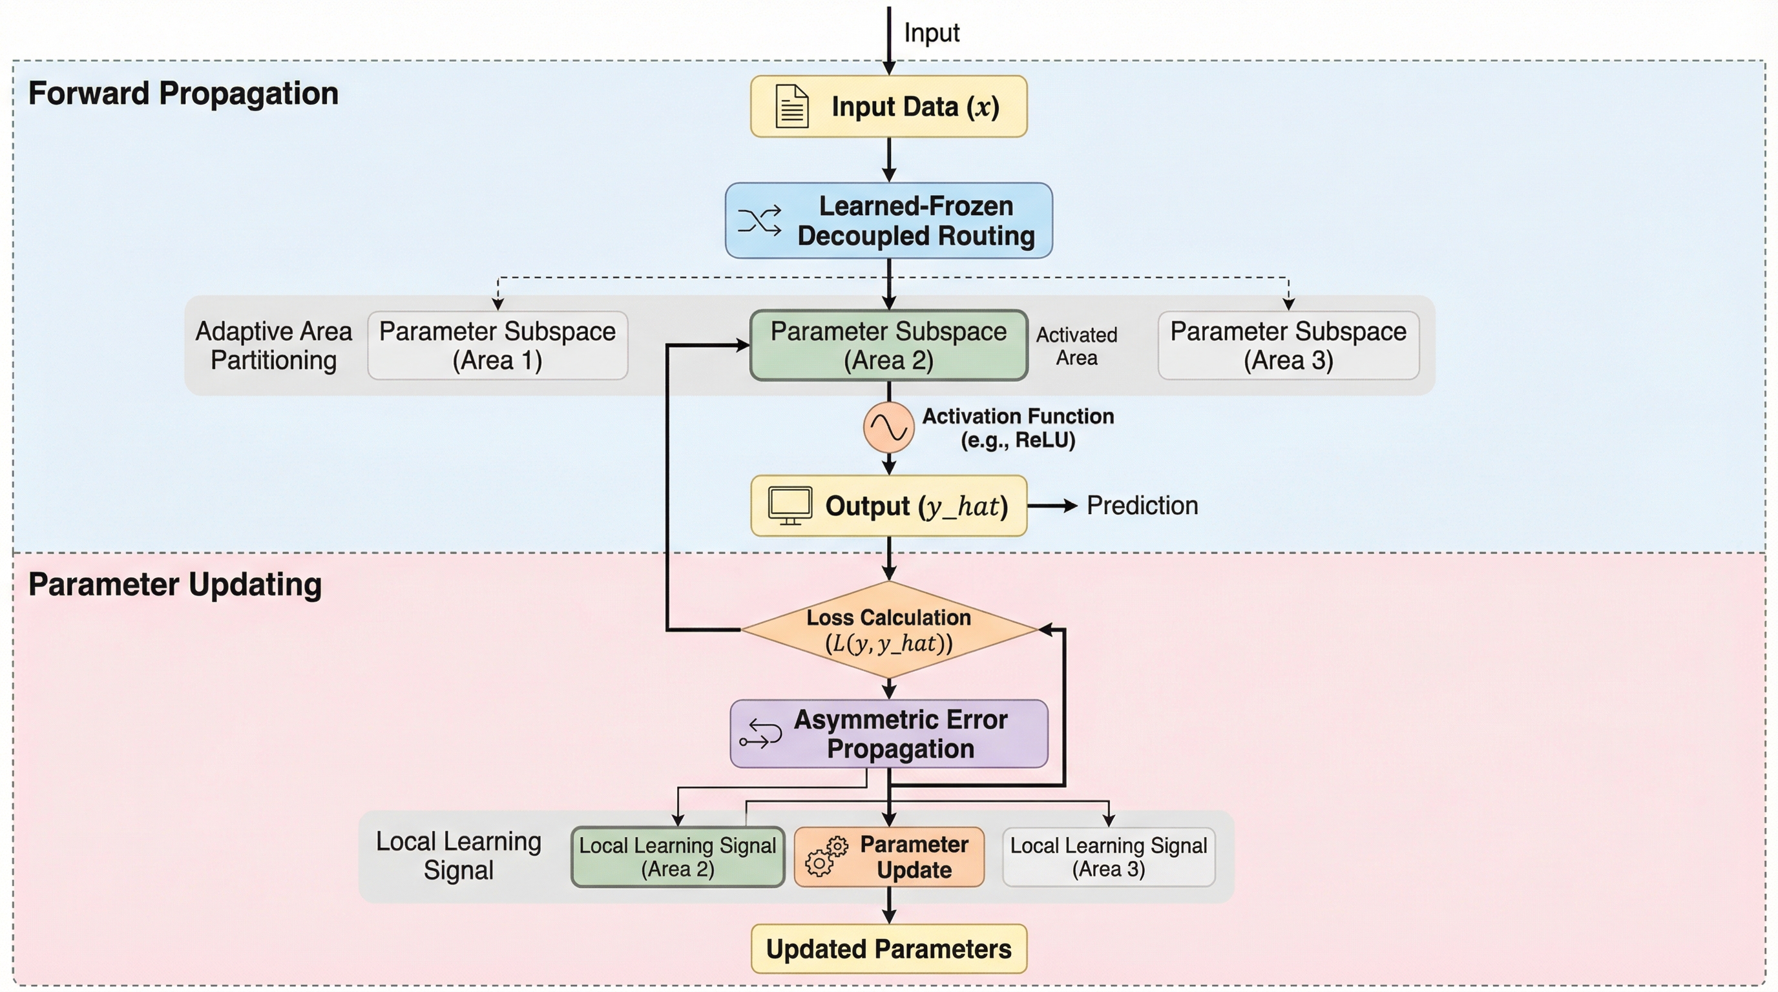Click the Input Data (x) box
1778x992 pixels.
(888, 106)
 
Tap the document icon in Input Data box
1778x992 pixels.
(791, 106)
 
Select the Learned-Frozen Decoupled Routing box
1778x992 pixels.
(888, 221)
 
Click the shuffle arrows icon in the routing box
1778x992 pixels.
(759, 221)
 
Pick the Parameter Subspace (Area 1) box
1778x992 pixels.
(497, 345)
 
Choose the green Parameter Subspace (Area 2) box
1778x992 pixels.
(888, 345)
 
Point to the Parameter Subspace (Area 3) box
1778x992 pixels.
(1288, 345)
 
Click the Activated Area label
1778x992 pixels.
(1076, 346)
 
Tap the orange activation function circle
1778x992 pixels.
(888, 428)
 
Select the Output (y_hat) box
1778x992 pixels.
(888, 506)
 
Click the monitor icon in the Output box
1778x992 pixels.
(790, 506)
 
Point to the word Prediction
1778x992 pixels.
(1142, 506)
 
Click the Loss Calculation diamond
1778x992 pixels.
(888, 630)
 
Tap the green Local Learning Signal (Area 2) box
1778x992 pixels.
(677, 857)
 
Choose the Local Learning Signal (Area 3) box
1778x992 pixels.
(1108, 857)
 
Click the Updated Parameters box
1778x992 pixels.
(888, 949)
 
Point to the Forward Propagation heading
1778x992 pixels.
(183, 93)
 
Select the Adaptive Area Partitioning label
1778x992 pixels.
(273, 346)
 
